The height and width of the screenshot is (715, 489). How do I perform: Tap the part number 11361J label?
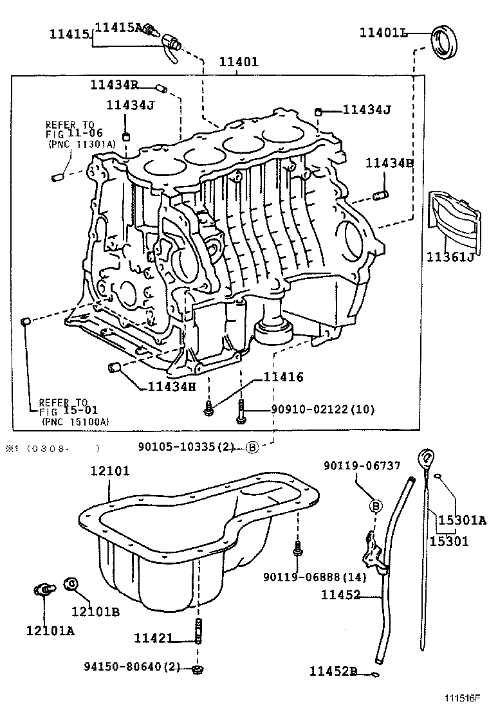[450, 258]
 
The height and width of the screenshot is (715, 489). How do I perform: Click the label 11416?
[282, 377]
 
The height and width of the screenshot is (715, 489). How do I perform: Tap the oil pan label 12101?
[109, 471]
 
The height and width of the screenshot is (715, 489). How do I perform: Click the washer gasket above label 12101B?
[72, 584]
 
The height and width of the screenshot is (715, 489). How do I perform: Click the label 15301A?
[458, 520]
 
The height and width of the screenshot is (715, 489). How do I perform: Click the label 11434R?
[115, 84]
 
